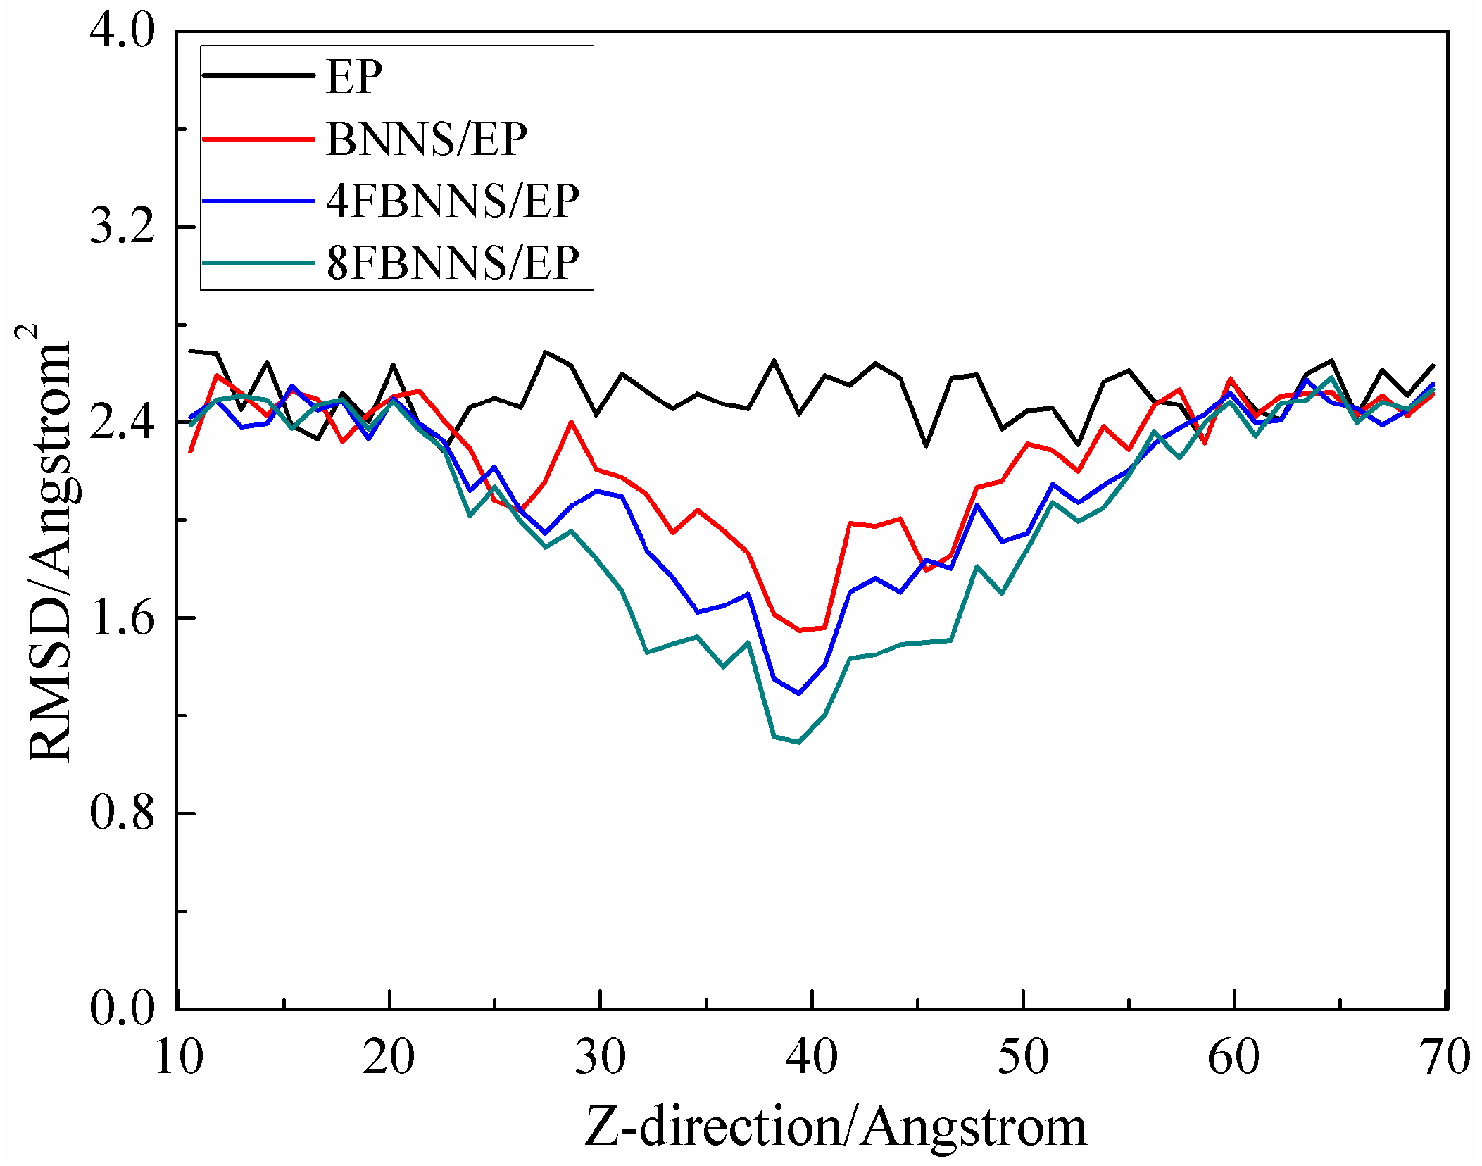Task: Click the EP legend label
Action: (x=354, y=76)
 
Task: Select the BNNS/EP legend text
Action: (x=427, y=139)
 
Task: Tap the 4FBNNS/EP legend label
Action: (x=452, y=201)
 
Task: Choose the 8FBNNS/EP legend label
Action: (x=452, y=263)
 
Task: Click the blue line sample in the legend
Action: (x=258, y=201)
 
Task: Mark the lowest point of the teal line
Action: (x=798, y=742)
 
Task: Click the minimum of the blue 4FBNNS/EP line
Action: (x=798, y=694)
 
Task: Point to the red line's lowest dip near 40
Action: (x=799, y=630)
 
